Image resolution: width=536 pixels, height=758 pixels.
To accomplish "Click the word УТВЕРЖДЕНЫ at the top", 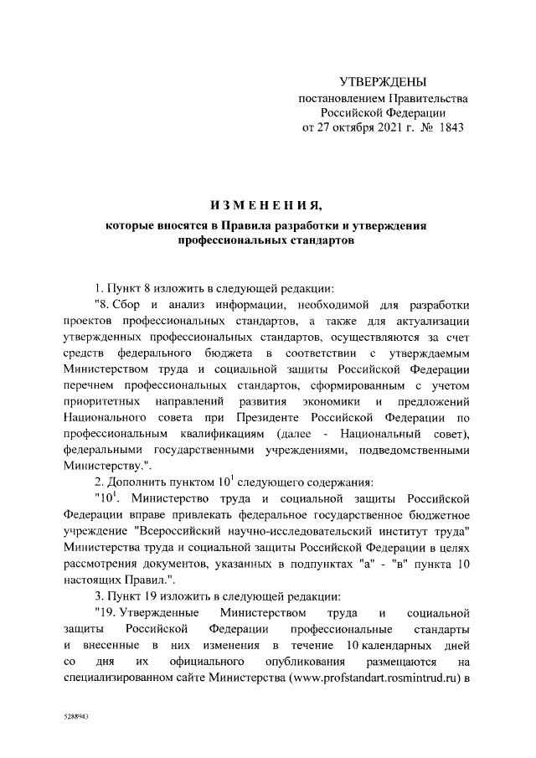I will (383, 81).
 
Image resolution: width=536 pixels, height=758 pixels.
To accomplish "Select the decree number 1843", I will (447, 128).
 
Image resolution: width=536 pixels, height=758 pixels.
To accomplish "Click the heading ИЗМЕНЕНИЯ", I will (265, 205).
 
